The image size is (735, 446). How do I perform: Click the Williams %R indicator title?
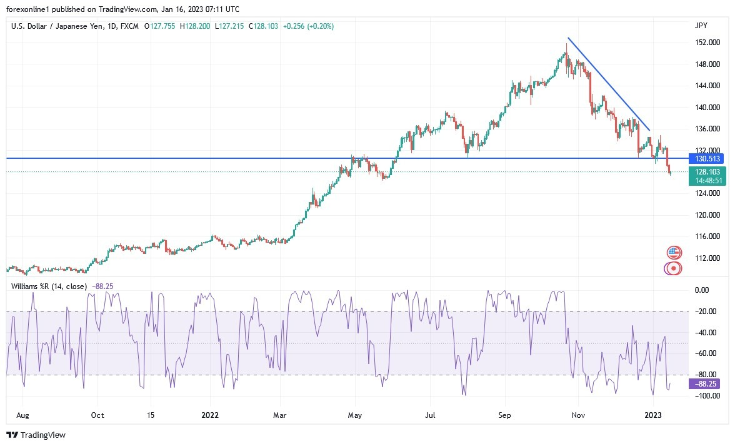point(50,286)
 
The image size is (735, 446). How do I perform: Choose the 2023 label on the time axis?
point(652,415)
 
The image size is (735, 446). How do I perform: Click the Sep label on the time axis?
point(505,415)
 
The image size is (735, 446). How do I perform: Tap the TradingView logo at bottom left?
point(36,435)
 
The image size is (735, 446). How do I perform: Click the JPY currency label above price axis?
point(701,26)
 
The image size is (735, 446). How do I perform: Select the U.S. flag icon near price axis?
point(673,253)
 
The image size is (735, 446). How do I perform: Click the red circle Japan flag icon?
point(673,268)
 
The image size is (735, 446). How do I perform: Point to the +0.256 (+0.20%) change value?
point(308,26)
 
